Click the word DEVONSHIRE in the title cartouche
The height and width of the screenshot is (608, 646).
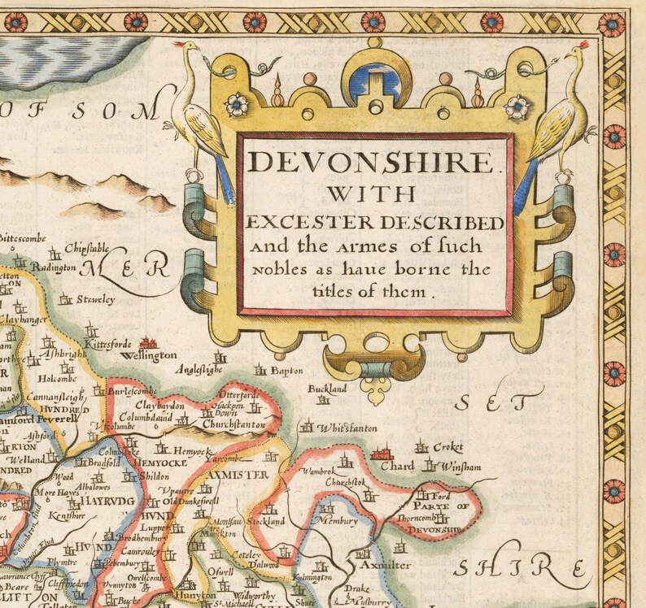coord(372,162)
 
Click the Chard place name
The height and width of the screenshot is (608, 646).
coord(398,467)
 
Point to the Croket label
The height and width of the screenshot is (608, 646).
coord(448,447)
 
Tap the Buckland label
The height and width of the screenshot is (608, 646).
coord(327,389)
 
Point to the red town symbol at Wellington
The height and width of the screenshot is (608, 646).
coord(148,343)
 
